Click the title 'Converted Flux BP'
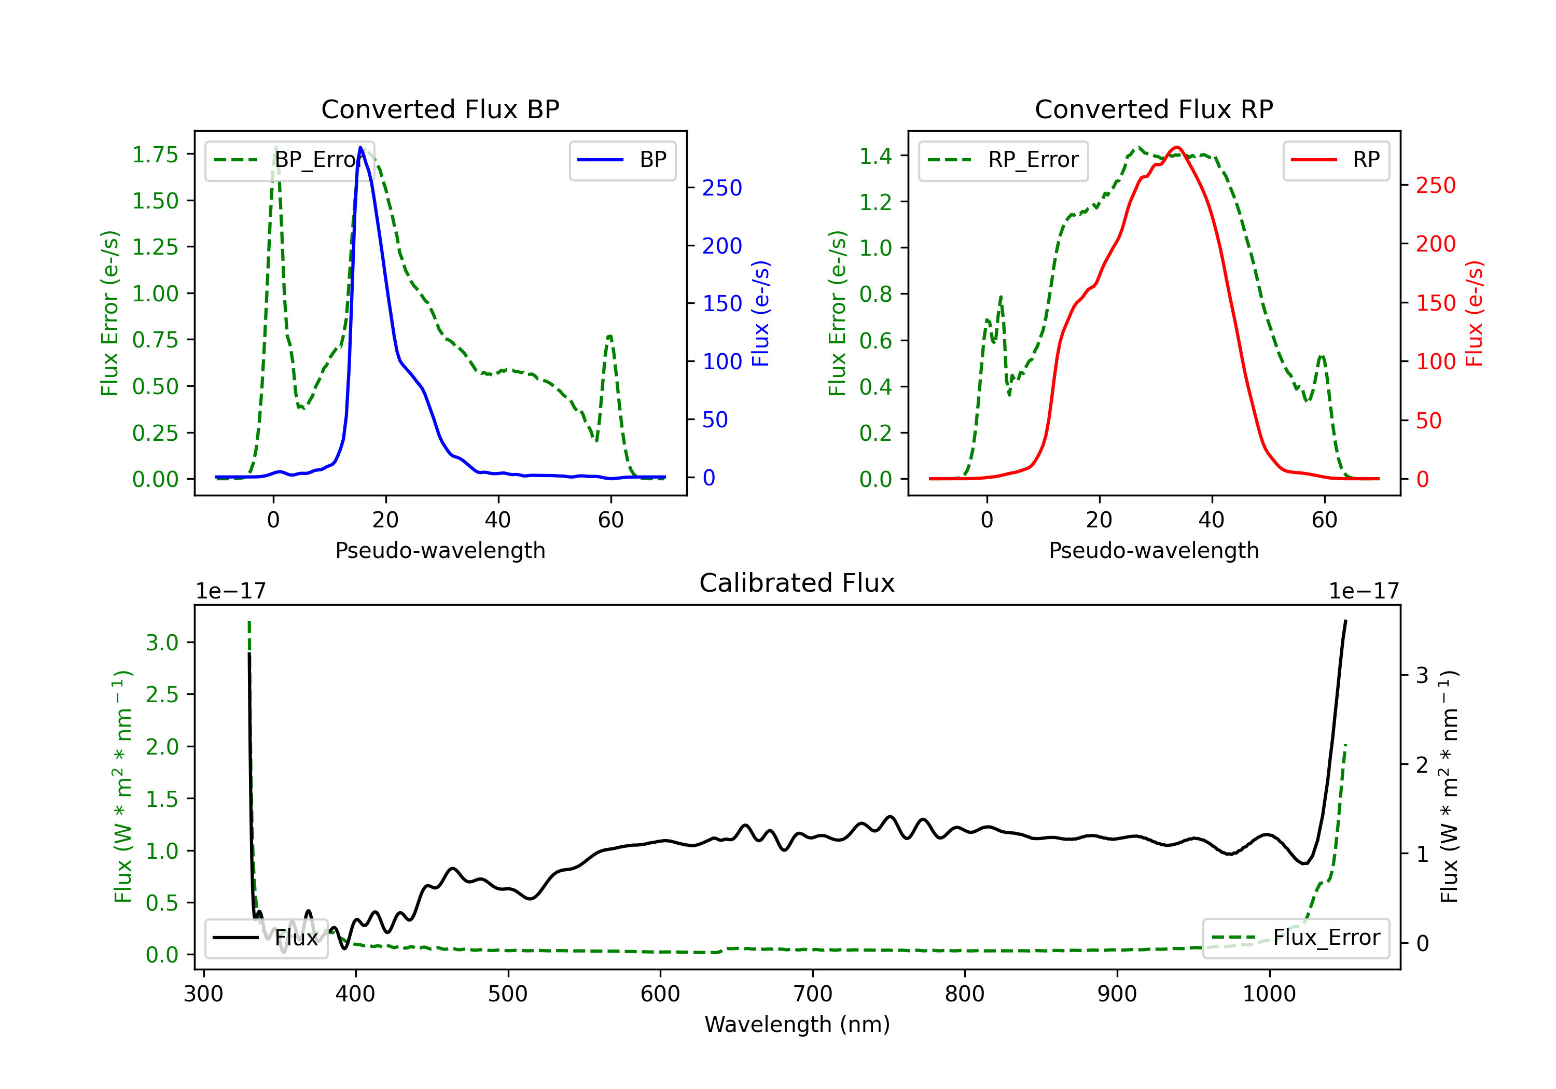(440, 109)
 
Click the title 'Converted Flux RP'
(1154, 109)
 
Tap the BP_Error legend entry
(290, 160)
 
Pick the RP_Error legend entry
(1003, 160)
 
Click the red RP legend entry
(1336, 160)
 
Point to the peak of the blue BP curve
(360, 147)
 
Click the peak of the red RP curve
(1176, 147)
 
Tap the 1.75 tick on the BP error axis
(155, 155)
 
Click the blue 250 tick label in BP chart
(722, 188)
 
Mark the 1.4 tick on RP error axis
(875, 156)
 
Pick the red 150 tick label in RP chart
(1435, 303)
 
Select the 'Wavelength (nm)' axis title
(797, 1024)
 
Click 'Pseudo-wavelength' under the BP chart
(440, 550)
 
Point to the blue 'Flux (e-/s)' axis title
(761, 313)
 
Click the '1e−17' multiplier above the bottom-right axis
(1364, 591)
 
